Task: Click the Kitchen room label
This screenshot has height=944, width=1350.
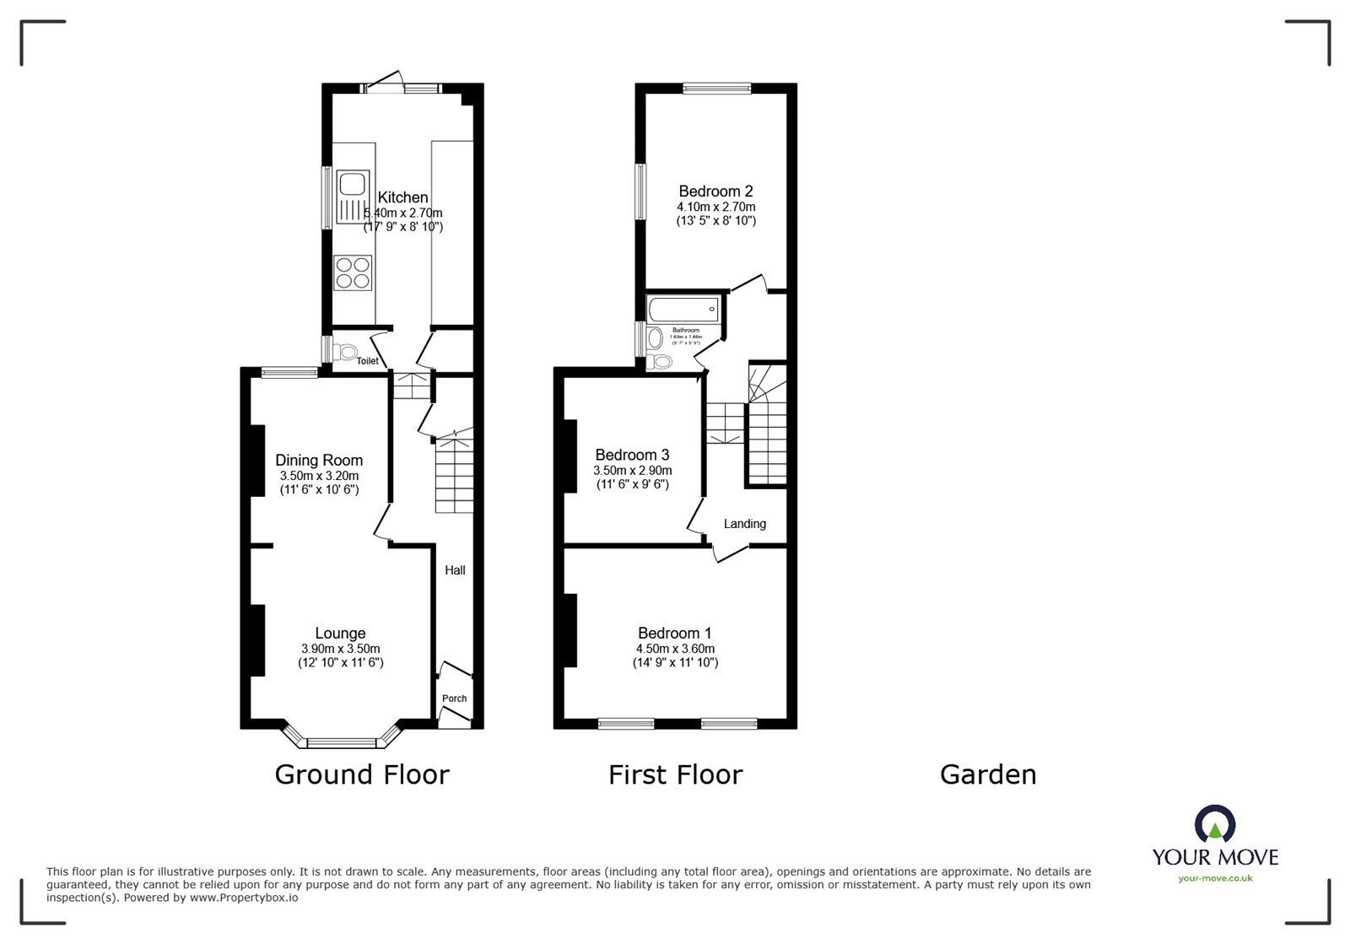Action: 402,197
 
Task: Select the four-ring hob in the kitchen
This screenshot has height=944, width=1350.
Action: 354,272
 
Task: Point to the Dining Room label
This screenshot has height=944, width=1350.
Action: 319,460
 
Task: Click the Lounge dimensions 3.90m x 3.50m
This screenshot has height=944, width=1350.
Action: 340,649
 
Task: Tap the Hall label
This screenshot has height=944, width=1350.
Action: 455,570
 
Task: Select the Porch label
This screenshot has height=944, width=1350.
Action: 454,699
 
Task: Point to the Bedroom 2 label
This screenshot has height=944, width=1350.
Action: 715,191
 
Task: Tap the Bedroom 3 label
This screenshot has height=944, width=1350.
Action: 632,455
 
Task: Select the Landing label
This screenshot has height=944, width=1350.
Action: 745,524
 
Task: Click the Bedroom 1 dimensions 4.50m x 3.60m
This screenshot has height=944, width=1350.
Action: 675,649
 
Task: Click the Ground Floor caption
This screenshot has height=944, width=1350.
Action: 362,774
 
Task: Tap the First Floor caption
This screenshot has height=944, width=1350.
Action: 675,774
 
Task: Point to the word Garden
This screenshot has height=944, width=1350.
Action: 988,774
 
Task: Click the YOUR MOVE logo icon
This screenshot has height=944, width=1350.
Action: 1215,824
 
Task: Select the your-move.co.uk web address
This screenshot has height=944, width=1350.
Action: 1215,878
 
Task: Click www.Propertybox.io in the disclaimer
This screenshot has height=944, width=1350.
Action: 243,898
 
